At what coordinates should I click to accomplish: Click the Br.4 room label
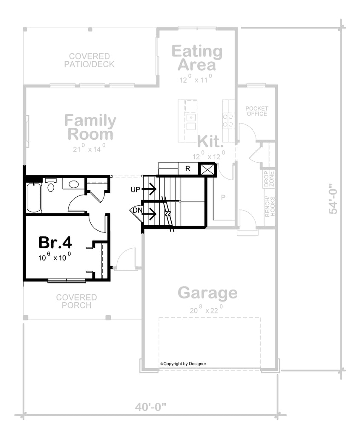[55, 242]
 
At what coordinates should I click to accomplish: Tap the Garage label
[207, 293]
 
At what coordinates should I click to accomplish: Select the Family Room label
[90, 127]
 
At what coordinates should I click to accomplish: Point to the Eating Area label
[197, 58]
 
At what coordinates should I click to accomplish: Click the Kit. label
[210, 141]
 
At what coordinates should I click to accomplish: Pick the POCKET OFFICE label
[257, 111]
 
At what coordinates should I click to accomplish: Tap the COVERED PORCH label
[77, 301]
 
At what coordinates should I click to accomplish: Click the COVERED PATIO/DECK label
[89, 60]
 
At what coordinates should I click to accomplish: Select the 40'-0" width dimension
[150, 407]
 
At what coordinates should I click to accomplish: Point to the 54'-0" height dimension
[333, 198]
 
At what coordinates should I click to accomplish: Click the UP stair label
[135, 189]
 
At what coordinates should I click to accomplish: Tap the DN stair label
[138, 210]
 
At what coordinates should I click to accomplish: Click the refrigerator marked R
[188, 169]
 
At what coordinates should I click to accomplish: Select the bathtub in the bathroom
[34, 198]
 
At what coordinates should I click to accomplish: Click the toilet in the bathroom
[51, 185]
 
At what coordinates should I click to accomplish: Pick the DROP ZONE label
[269, 179]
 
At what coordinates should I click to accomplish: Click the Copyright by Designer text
[183, 364]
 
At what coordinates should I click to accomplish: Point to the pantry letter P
[223, 198]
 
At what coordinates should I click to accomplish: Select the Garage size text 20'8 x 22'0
[207, 310]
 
